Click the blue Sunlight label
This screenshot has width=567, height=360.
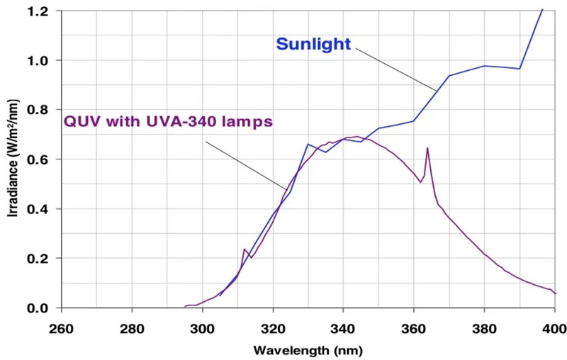pyautogui.click(x=313, y=44)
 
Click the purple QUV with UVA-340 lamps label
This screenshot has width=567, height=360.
pyautogui.click(x=168, y=121)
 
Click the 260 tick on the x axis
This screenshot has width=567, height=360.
pyautogui.click(x=62, y=328)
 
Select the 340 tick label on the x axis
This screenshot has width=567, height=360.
pyautogui.click(x=343, y=328)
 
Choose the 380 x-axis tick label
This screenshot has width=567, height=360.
pyautogui.click(x=484, y=328)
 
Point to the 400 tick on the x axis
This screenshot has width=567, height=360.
pyautogui.click(x=554, y=328)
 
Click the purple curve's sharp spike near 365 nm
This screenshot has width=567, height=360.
pyautogui.click(x=427, y=148)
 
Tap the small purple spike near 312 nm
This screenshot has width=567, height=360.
pyautogui.click(x=244, y=249)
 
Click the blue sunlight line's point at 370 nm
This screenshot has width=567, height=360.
pyautogui.click(x=449, y=76)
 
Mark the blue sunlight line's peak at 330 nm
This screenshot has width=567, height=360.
pyautogui.click(x=308, y=145)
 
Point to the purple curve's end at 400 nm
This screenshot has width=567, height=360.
pyautogui.click(x=555, y=293)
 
